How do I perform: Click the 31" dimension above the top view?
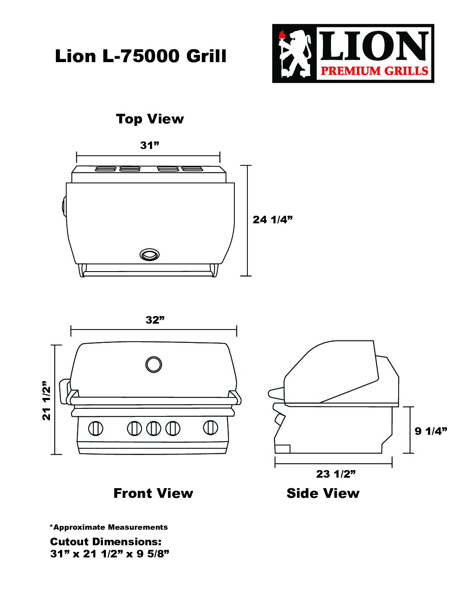click(150, 146)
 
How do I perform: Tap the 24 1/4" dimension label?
click(273, 220)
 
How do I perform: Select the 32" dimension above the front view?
click(155, 320)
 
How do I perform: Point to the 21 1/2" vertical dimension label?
click(47, 400)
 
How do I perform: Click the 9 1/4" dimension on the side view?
click(431, 431)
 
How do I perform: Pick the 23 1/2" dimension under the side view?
click(336, 474)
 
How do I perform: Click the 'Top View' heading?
click(150, 119)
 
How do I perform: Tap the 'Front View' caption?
click(153, 493)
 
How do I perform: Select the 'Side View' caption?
click(323, 493)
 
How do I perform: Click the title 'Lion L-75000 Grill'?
click(141, 56)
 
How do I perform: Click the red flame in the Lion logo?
click(282, 35)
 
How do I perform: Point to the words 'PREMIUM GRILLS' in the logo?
click(375, 71)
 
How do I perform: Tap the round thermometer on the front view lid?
click(154, 364)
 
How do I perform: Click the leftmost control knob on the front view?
click(96, 429)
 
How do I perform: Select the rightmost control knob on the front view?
click(210, 427)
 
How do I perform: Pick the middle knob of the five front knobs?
click(153, 429)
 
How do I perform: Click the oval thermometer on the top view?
click(150, 254)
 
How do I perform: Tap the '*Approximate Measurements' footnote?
click(109, 527)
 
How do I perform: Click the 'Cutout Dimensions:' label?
click(105, 542)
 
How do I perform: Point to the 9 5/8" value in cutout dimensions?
click(153, 554)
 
